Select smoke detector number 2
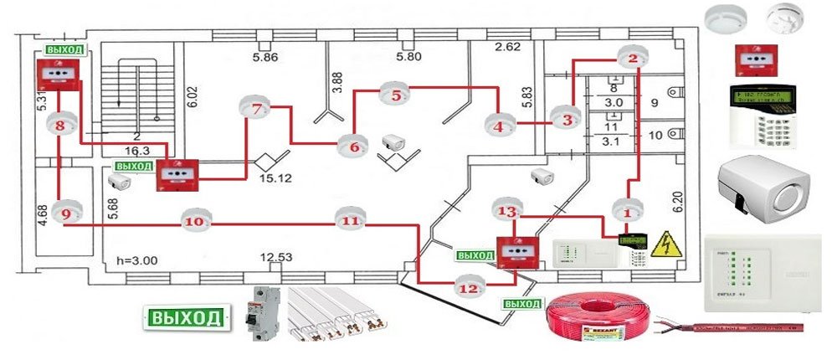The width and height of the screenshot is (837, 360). pos(633,59)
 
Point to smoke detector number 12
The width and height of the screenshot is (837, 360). pos(469,287)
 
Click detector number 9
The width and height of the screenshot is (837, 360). pos(66,214)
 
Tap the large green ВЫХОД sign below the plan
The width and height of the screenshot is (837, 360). pos(187,317)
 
